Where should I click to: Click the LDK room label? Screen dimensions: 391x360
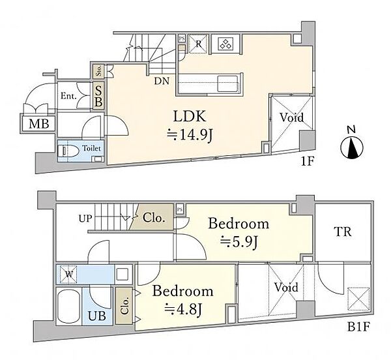pyautogui.click(x=190, y=117)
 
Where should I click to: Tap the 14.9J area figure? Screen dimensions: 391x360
pyautogui.click(x=190, y=135)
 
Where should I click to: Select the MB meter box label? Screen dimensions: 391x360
pyautogui.click(x=38, y=123)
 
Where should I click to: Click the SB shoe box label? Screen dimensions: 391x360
pyautogui.click(x=98, y=96)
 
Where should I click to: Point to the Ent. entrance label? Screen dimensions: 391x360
pyautogui.click(x=68, y=96)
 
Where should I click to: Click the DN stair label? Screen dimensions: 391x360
pyautogui.click(x=162, y=81)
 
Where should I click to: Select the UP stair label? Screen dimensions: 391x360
pyautogui.click(x=85, y=218)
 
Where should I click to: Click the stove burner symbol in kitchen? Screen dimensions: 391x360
pyautogui.click(x=226, y=44)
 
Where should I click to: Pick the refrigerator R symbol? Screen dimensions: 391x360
pyautogui.click(x=197, y=44)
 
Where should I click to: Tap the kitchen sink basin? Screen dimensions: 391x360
pyautogui.click(x=227, y=84)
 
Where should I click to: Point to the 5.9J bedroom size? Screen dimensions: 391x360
pyautogui.click(x=239, y=241)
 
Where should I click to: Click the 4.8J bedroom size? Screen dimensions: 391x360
pyautogui.click(x=183, y=309)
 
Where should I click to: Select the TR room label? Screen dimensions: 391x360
pyautogui.click(x=343, y=232)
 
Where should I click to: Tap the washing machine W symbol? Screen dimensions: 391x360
pyautogui.click(x=68, y=275)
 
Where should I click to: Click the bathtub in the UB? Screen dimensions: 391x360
pyautogui.click(x=68, y=307)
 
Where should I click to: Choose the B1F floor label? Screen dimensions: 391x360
pyautogui.click(x=358, y=327)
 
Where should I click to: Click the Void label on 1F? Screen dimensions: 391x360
pyautogui.click(x=291, y=117)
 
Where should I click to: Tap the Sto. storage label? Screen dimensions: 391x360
pyautogui.click(x=99, y=71)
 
